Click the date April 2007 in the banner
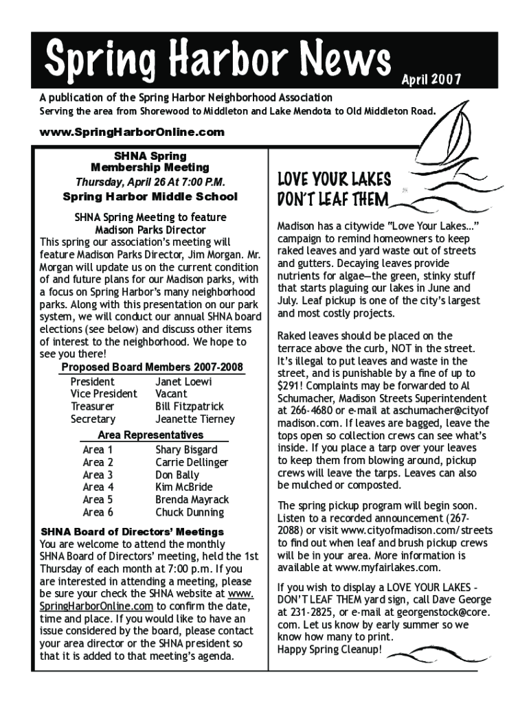point(431,80)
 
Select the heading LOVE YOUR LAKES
point(334,180)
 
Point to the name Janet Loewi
point(183,382)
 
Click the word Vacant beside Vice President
point(171,394)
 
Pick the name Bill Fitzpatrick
point(190,406)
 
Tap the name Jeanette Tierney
point(195,419)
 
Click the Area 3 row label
point(98,475)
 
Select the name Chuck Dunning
point(190,512)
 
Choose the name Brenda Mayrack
point(192,500)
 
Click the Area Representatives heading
point(150,435)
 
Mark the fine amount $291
point(291,385)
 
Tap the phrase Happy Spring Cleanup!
point(329,649)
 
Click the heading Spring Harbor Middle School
point(150,197)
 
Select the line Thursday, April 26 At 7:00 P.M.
point(150,182)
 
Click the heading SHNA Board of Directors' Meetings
point(133,532)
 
